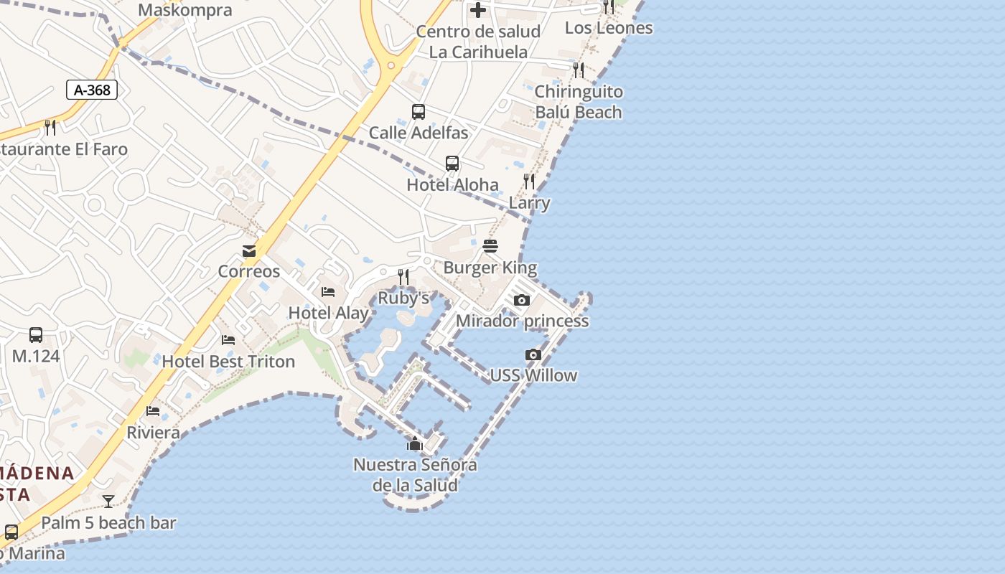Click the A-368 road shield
tap(92, 90)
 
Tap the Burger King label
tap(490, 268)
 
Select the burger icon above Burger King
tap(491, 247)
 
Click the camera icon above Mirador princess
tap(522, 301)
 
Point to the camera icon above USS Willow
tap(533, 354)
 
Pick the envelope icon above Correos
tap(249, 250)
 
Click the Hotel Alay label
tap(328, 313)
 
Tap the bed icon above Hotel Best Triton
tap(228, 340)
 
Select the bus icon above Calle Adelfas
tap(419, 112)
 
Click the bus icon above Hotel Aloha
tap(452, 164)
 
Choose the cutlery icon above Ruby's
tap(403, 277)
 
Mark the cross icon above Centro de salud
tap(478, 10)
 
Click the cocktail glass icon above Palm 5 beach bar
tap(108, 502)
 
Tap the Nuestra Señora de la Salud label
tap(415, 475)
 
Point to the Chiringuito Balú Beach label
tap(579, 102)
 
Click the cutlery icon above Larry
tap(529, 182)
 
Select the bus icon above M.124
tap(36, 335)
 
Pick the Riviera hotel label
tap(153, 433)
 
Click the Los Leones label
tap(609, 28)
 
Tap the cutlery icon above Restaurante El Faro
tap(50, 128)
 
